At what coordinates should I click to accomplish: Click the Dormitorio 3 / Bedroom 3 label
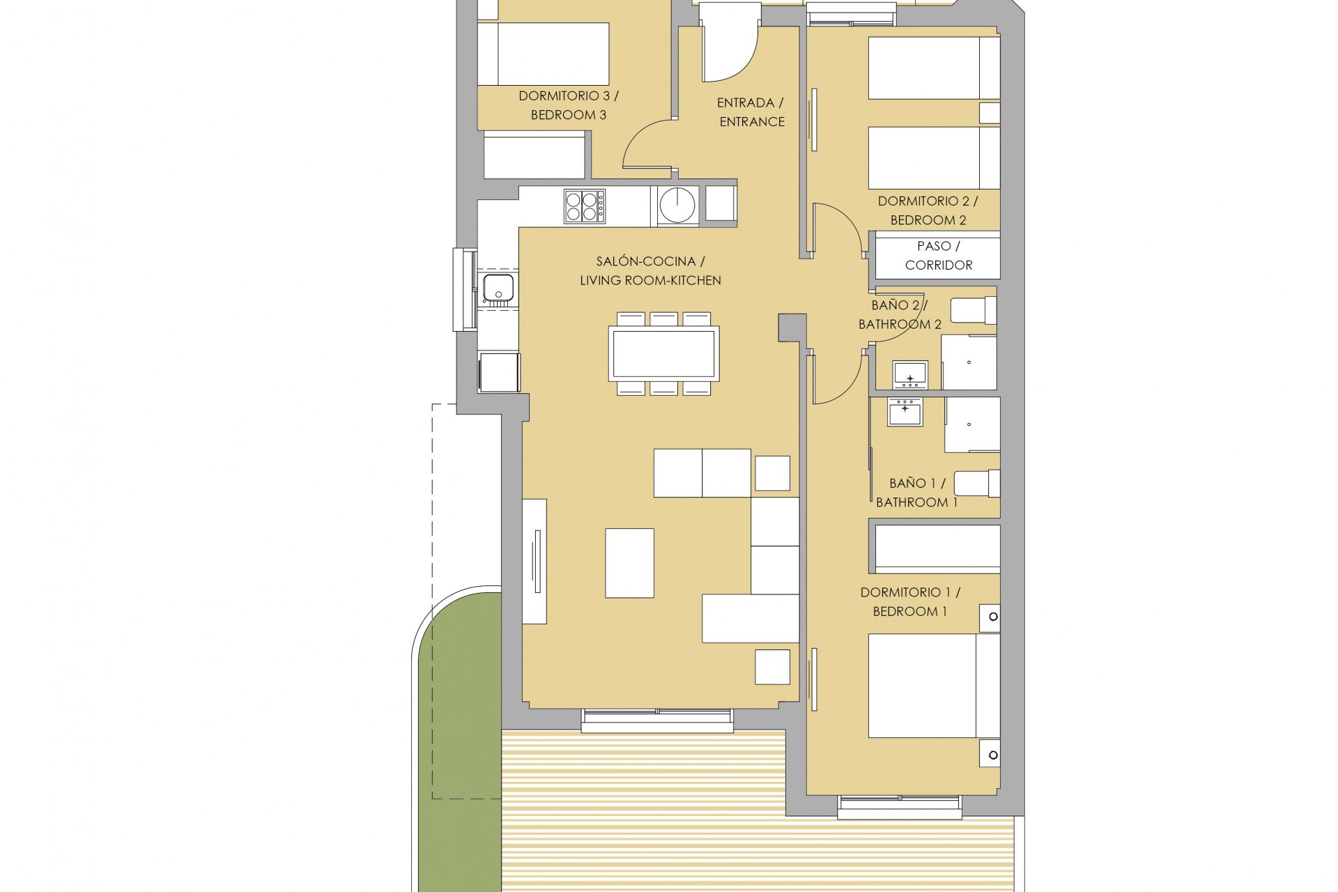(x=568, y=105)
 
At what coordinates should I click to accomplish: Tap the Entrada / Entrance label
(x=751, y=112)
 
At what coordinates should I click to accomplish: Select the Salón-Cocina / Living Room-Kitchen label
(x=650, y=271)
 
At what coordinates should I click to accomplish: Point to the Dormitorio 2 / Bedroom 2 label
(x=928, y=210)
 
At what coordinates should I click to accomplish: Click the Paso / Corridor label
(x=938, y=256)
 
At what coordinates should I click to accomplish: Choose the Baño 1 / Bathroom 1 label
(x=916, y=493)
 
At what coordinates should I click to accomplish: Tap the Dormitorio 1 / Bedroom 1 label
(x=909, y=602)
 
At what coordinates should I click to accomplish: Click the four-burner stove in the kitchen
(x=584, y=206)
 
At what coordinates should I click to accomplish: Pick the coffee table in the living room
(x=629, y=563)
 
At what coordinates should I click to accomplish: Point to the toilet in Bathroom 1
(x=976, y=484)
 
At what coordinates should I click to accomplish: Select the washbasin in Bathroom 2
(x=910, y=375)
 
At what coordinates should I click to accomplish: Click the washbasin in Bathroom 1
(x=905, y=411)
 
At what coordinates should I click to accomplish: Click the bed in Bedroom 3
(x=543, y=54)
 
